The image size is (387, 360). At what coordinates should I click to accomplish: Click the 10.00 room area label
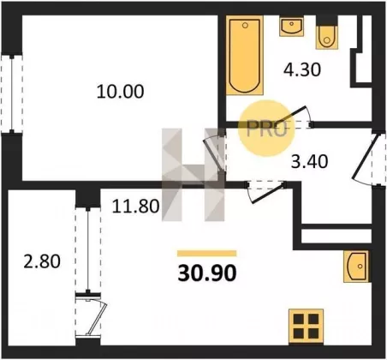[x=120, y=92]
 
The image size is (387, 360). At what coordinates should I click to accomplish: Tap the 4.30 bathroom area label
[x=302, y=69]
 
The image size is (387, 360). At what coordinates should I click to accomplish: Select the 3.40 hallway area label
[x=309, y=161]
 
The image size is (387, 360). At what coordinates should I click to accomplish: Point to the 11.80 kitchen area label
[x=135, y=206]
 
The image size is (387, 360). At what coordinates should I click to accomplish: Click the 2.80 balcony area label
[x=42, y=261]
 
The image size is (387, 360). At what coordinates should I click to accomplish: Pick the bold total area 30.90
[x=207, y=273]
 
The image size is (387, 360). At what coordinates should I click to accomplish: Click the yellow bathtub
[x=245, y=55]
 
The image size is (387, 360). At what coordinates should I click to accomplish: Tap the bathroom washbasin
[x=291, y=27]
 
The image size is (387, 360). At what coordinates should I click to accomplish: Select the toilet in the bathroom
[x=327, y=36]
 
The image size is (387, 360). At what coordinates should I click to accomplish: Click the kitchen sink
[x=356, y=267]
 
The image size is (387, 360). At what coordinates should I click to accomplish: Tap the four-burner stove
[x=306, y=326]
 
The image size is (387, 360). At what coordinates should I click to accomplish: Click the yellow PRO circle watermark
[x=266, y=128]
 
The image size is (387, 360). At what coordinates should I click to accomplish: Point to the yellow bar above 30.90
[x=207, y=254]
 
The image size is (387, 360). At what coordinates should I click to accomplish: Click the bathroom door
[x=295, y=117]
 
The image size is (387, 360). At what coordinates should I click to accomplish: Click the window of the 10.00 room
[x=12, y=93]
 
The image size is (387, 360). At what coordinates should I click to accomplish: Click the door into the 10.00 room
[x=215, y=154]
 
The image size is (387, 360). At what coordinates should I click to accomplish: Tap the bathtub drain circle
[x=245, y=26]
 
